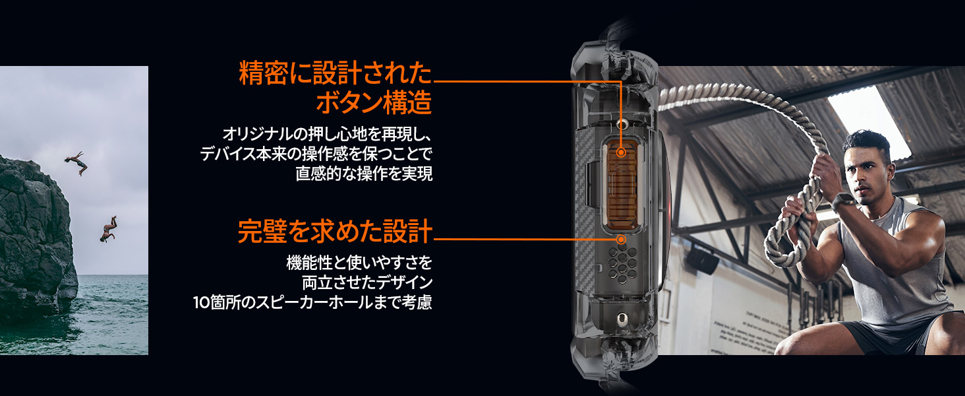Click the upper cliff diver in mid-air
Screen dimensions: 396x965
click(x=76, y=161)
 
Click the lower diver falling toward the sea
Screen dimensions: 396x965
click(x=108, y=228)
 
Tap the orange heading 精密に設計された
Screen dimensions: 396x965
click(x=335, y=73)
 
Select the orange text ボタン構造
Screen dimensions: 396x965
click(x=374, y=102)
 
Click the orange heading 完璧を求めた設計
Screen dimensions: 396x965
click(x=334, y=232)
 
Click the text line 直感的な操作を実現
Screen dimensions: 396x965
click(x=364, y=174)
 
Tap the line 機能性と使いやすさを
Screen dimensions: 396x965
click(x=359, y=263)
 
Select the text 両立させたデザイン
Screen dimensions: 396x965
click(x=367, y=283)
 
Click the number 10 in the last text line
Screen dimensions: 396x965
click(x=200, y=304)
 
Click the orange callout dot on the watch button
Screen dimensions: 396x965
click(x=621, y=152)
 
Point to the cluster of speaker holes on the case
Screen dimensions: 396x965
click(x=620, y=265)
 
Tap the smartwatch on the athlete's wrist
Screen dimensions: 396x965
click(x=840, y=201)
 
